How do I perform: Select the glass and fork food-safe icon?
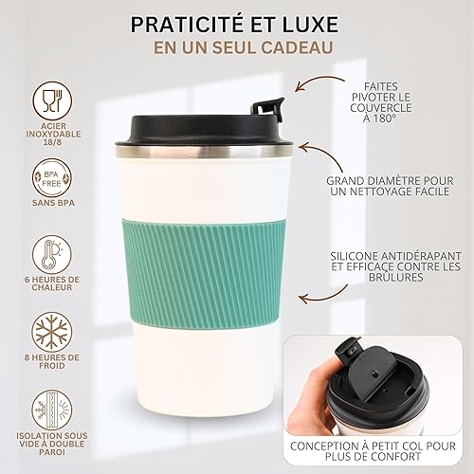click(52, 100)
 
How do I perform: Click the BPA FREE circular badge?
click(52, 178)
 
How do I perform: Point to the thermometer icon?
click(52, 254)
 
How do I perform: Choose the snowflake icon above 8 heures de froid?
click(52, 332)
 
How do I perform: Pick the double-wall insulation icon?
click(52, 410)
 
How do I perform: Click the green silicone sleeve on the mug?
click(203, 274)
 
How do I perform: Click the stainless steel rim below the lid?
click(204, 152)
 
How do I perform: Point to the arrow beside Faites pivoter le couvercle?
click(319, 82)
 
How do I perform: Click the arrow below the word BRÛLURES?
click(323, 295)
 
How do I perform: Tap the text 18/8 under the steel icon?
click(53, 142)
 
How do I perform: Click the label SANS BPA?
click(53, 203)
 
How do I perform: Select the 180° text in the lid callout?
click(384, 118)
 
